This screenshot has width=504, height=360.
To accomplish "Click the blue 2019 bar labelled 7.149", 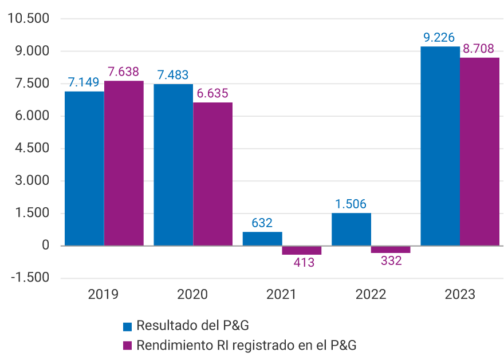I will coord(84,169).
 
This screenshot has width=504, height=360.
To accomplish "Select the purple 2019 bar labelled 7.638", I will coord(124,163).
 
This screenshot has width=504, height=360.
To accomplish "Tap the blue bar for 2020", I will coord(174,165).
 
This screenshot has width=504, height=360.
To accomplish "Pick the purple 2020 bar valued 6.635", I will coord(213,174).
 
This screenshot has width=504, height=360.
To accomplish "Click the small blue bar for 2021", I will coord(262,239).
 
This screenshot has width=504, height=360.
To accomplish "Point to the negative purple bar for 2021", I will coord(302,250).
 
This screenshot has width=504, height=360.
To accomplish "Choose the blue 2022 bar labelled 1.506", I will coord(352,230).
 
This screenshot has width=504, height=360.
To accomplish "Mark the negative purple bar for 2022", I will coord(391,250).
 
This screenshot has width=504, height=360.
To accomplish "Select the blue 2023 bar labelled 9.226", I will coord(440,146).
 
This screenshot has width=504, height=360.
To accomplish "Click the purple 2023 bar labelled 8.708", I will coord(480,152).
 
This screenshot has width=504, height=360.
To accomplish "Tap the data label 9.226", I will coord(439,38).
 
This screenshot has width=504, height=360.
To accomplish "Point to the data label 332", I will coord(391,261).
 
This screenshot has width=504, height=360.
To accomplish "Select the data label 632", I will coord(262,223).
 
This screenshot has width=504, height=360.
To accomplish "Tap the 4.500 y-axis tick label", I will coord(32,148).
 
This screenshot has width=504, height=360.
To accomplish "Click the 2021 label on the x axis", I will coord(282,295).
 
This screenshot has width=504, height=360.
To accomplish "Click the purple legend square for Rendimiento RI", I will coord(128,346).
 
